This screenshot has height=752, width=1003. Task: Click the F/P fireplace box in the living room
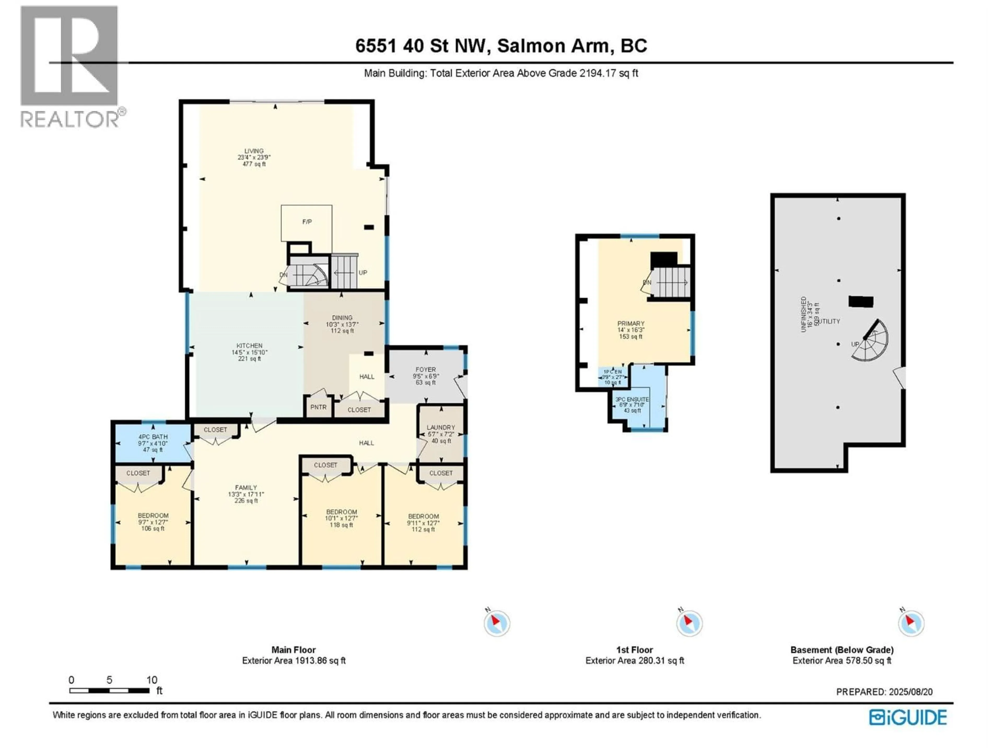[307, 223]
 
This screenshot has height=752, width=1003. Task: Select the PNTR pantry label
[318, 407]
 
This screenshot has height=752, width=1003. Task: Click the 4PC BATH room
[153, 443]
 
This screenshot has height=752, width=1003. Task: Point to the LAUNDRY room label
[441, 427]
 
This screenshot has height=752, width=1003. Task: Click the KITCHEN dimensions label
[249, 352]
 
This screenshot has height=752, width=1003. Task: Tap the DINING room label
[342, 318]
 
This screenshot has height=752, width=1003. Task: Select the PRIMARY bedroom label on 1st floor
[631, 324]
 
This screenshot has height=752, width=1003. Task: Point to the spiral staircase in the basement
[871, 341]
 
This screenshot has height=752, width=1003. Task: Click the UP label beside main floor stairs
[363, 273]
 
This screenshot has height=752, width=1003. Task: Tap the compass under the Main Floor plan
[497, 623]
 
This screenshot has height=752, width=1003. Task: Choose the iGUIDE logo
[908, 718]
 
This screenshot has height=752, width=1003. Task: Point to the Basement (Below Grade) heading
[842, 650]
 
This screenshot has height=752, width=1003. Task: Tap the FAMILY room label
[246, 488]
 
